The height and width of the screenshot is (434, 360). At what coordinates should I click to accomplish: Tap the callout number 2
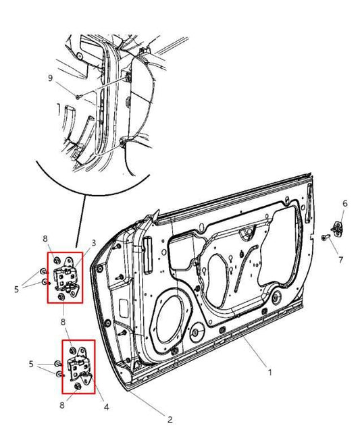click(x=170, y=419)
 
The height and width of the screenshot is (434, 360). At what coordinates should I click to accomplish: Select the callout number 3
click(x=93, y=243)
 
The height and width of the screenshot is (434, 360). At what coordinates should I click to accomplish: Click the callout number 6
click(x=344, y=203)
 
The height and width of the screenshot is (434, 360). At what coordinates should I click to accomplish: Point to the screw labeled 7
click(x=326, y=238)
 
